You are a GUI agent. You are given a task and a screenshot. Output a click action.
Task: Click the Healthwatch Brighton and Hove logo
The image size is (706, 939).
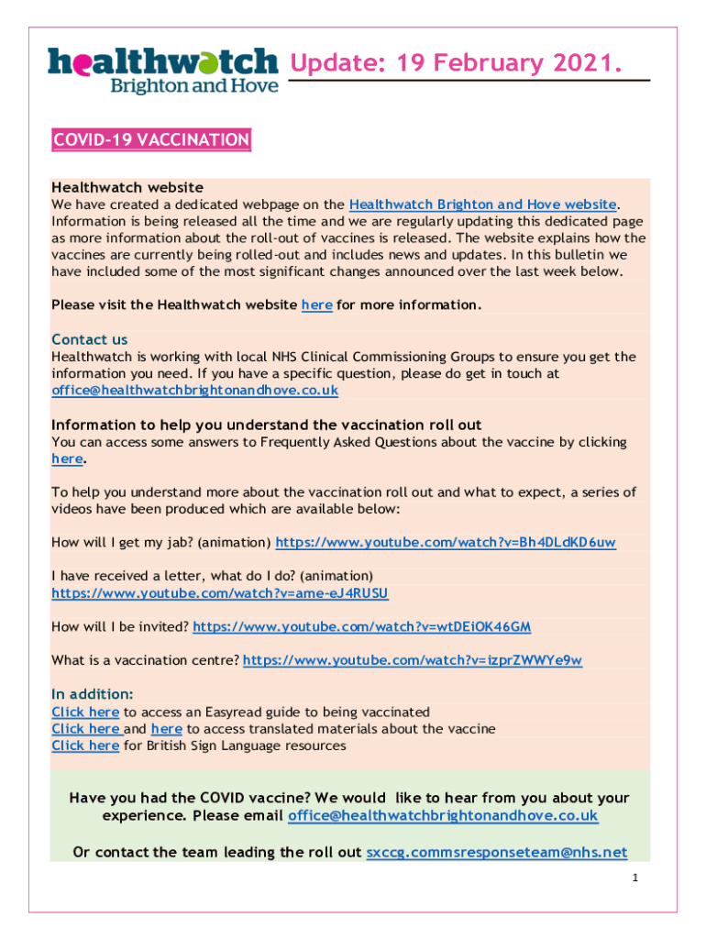pos(162,70)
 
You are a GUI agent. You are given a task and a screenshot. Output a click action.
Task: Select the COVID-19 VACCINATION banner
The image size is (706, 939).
pos(151,140)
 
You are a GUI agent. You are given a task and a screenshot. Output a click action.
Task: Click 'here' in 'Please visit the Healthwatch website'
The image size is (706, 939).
pos(316,304)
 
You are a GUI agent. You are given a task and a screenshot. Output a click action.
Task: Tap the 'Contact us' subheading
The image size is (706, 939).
pos(90,339)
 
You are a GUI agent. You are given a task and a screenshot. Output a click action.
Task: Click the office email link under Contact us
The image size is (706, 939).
pos(194,390)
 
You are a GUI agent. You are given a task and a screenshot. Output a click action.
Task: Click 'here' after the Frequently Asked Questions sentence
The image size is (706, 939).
pos(67,458)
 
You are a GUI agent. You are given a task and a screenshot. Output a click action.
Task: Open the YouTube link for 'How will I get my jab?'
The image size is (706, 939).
pos(446,543)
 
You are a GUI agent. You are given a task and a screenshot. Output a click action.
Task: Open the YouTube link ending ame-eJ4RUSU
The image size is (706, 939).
pos(220,593)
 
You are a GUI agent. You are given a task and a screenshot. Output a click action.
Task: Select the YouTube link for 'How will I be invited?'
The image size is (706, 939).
pos(361,627)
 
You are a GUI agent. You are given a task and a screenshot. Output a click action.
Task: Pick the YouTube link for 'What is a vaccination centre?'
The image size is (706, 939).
pos(413,660)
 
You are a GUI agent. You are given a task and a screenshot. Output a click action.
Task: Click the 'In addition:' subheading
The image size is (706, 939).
pos(93,694)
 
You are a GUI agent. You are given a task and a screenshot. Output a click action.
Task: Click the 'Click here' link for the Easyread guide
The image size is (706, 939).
pos(85,712)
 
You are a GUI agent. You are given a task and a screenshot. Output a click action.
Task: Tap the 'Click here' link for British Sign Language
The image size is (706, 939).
pos(85,746)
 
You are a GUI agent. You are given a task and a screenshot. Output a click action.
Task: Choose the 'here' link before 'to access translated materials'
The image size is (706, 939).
pos(166,729)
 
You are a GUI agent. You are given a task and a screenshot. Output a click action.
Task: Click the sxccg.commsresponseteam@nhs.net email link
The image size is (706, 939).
pos(496,853)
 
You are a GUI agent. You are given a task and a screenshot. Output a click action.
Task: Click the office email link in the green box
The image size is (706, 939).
pos(442,816)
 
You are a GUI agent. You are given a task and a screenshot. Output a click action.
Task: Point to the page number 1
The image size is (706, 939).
pos(634,879)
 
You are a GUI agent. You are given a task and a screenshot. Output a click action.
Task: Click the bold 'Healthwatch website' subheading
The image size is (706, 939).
pos(127,187)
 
